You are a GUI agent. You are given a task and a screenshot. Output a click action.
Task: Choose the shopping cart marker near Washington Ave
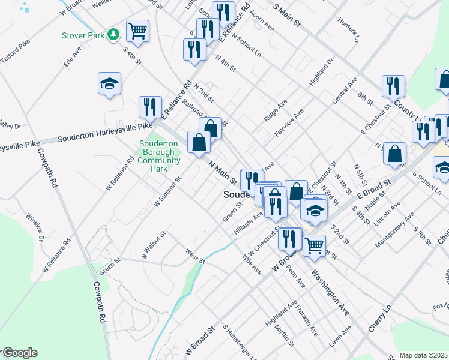click(314, 245)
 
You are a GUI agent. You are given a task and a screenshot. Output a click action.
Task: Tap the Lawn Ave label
click(340, 338)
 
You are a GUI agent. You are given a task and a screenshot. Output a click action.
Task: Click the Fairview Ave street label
click(289, 122)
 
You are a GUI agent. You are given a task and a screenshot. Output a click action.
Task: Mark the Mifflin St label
click(284, 336)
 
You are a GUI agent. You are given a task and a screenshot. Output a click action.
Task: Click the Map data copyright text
click(423, 355)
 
